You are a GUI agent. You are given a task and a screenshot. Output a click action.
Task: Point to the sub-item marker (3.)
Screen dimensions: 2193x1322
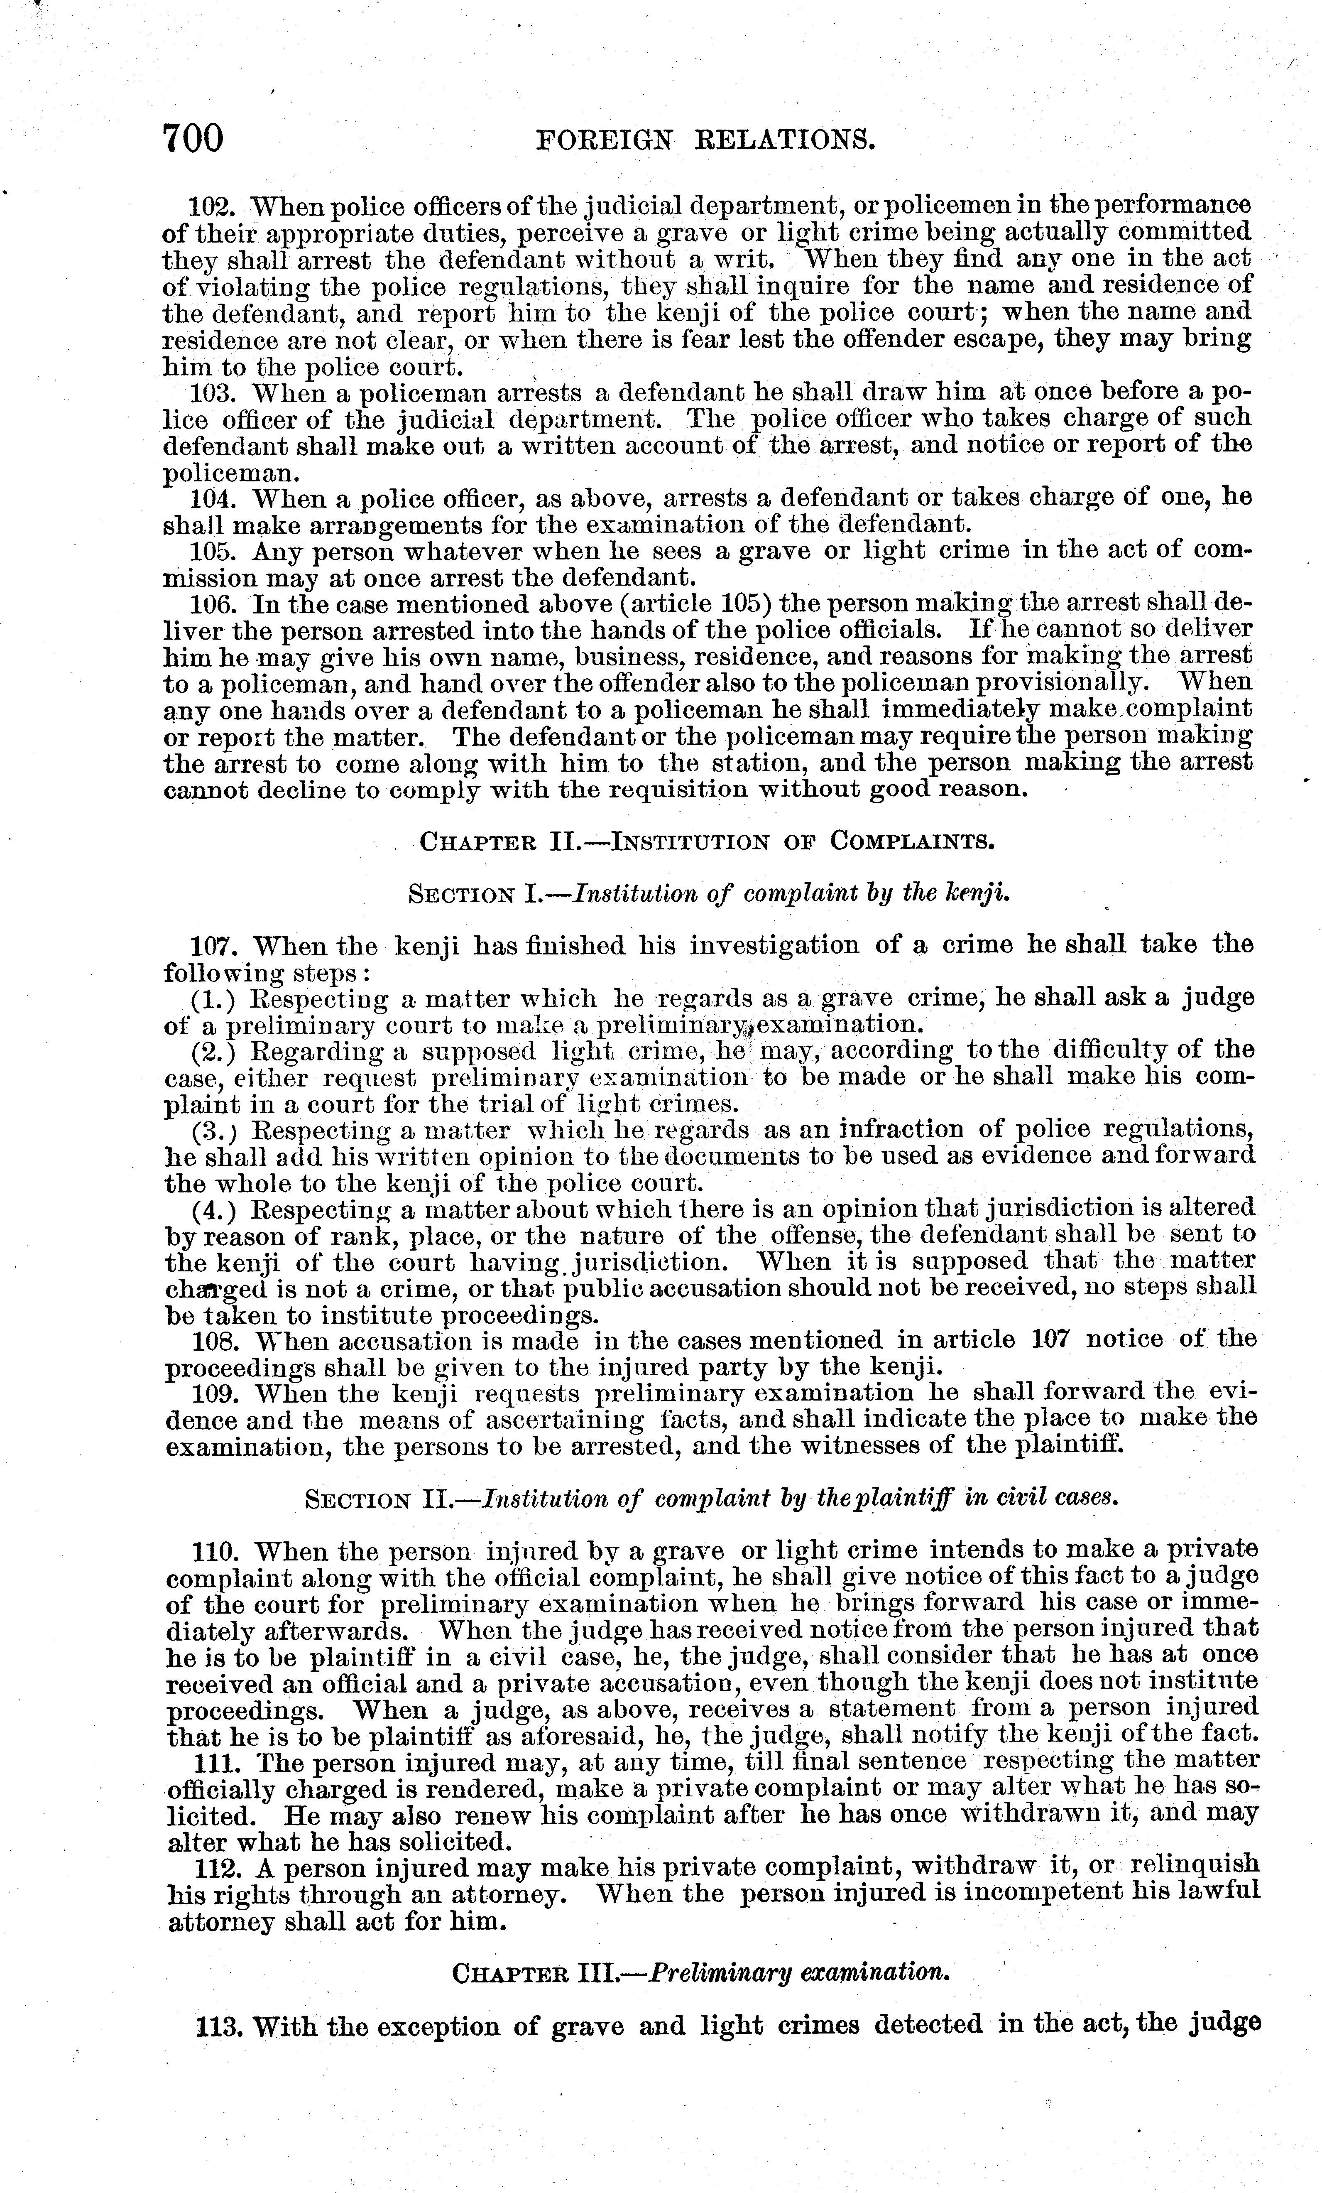click(214, 1130)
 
